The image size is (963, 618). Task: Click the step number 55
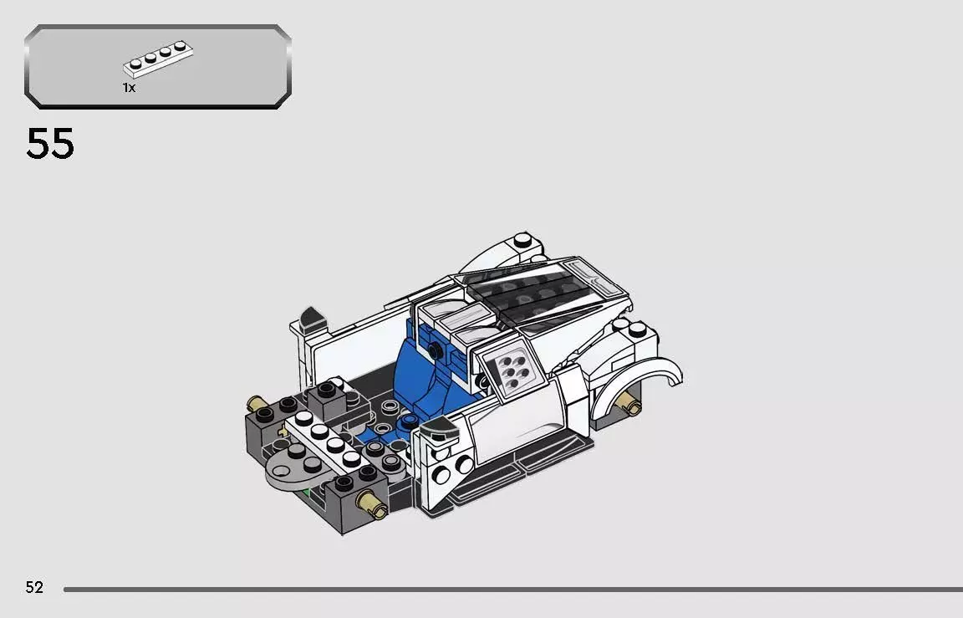coord(50,144)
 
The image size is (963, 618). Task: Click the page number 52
coord(34,587)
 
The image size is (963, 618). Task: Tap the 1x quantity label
coord(129,88)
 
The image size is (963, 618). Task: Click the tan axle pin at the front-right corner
coord(369,502)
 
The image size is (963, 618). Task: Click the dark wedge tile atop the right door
coord(437,432)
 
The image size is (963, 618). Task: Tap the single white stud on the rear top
coord(523,241)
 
